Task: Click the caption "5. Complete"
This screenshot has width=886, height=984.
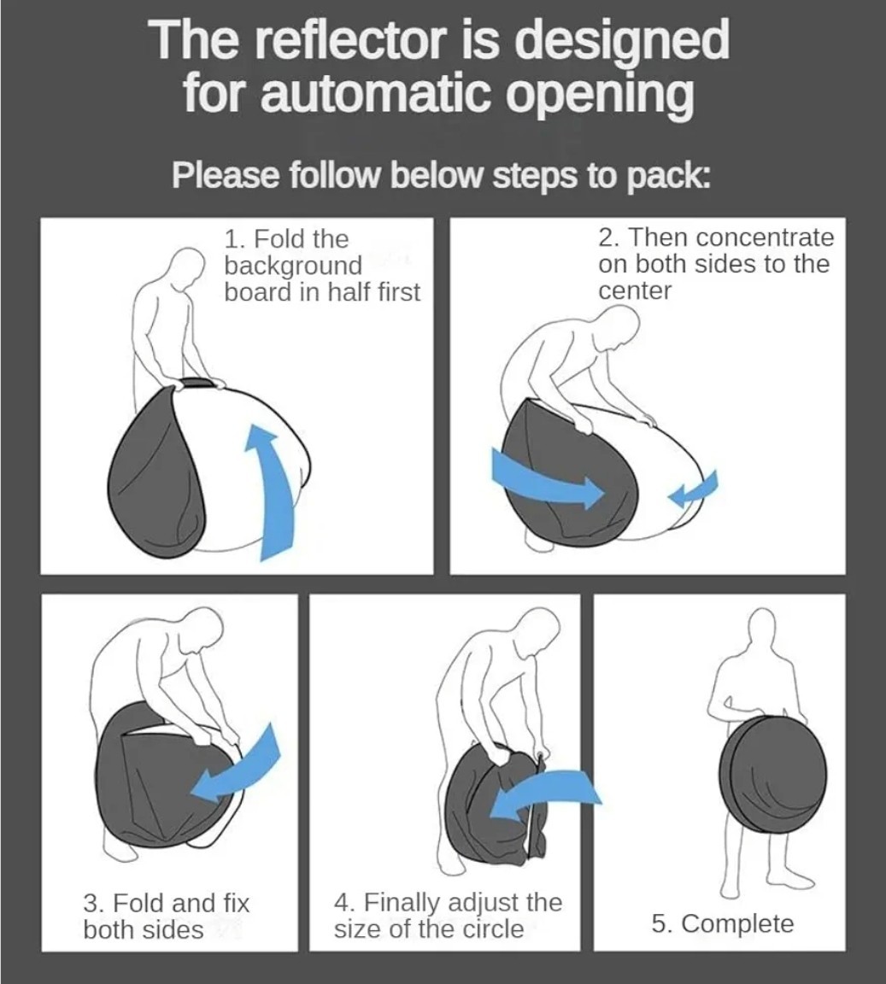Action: point(722,923)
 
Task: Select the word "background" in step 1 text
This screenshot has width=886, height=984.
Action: point(293,266)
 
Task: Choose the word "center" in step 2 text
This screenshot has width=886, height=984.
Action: point(635,291)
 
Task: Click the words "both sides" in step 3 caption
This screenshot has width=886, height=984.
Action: point(144,929)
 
